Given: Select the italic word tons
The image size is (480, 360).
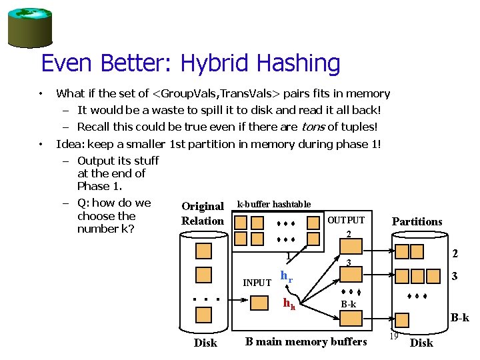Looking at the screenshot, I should pyautogui.click(x=314, y=127).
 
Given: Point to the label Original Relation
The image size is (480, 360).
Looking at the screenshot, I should pyautogui.click(x=203, y=213).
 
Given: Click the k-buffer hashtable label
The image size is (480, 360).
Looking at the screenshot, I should pyautogui.click(x=274, y=204).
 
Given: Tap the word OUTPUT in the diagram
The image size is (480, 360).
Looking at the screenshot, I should pyautogui.click(x=346, y=220).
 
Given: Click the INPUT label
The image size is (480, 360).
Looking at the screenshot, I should pyautogui.click(x=257, y=283).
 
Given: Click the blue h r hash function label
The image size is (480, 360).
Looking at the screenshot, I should pyautogui.click(x=287, y=276).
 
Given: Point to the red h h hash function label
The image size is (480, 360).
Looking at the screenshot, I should pyautogui.click(x=289, y=304).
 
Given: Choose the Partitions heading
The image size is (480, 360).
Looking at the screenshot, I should pyautogui.click(x=417, y=221).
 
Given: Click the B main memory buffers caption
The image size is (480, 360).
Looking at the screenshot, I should pyautogui.click(x=306, y=342).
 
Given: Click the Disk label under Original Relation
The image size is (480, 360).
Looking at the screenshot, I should pyautogui.click(x=205, y=343).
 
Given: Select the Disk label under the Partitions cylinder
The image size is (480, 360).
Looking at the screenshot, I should pyautogui.click(x=421, y=343).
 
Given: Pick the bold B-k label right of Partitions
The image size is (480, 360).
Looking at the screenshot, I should pyautogui.click(x=460, y=319).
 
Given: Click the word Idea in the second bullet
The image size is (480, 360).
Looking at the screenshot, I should pyautogui.click(x=69, y=144).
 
